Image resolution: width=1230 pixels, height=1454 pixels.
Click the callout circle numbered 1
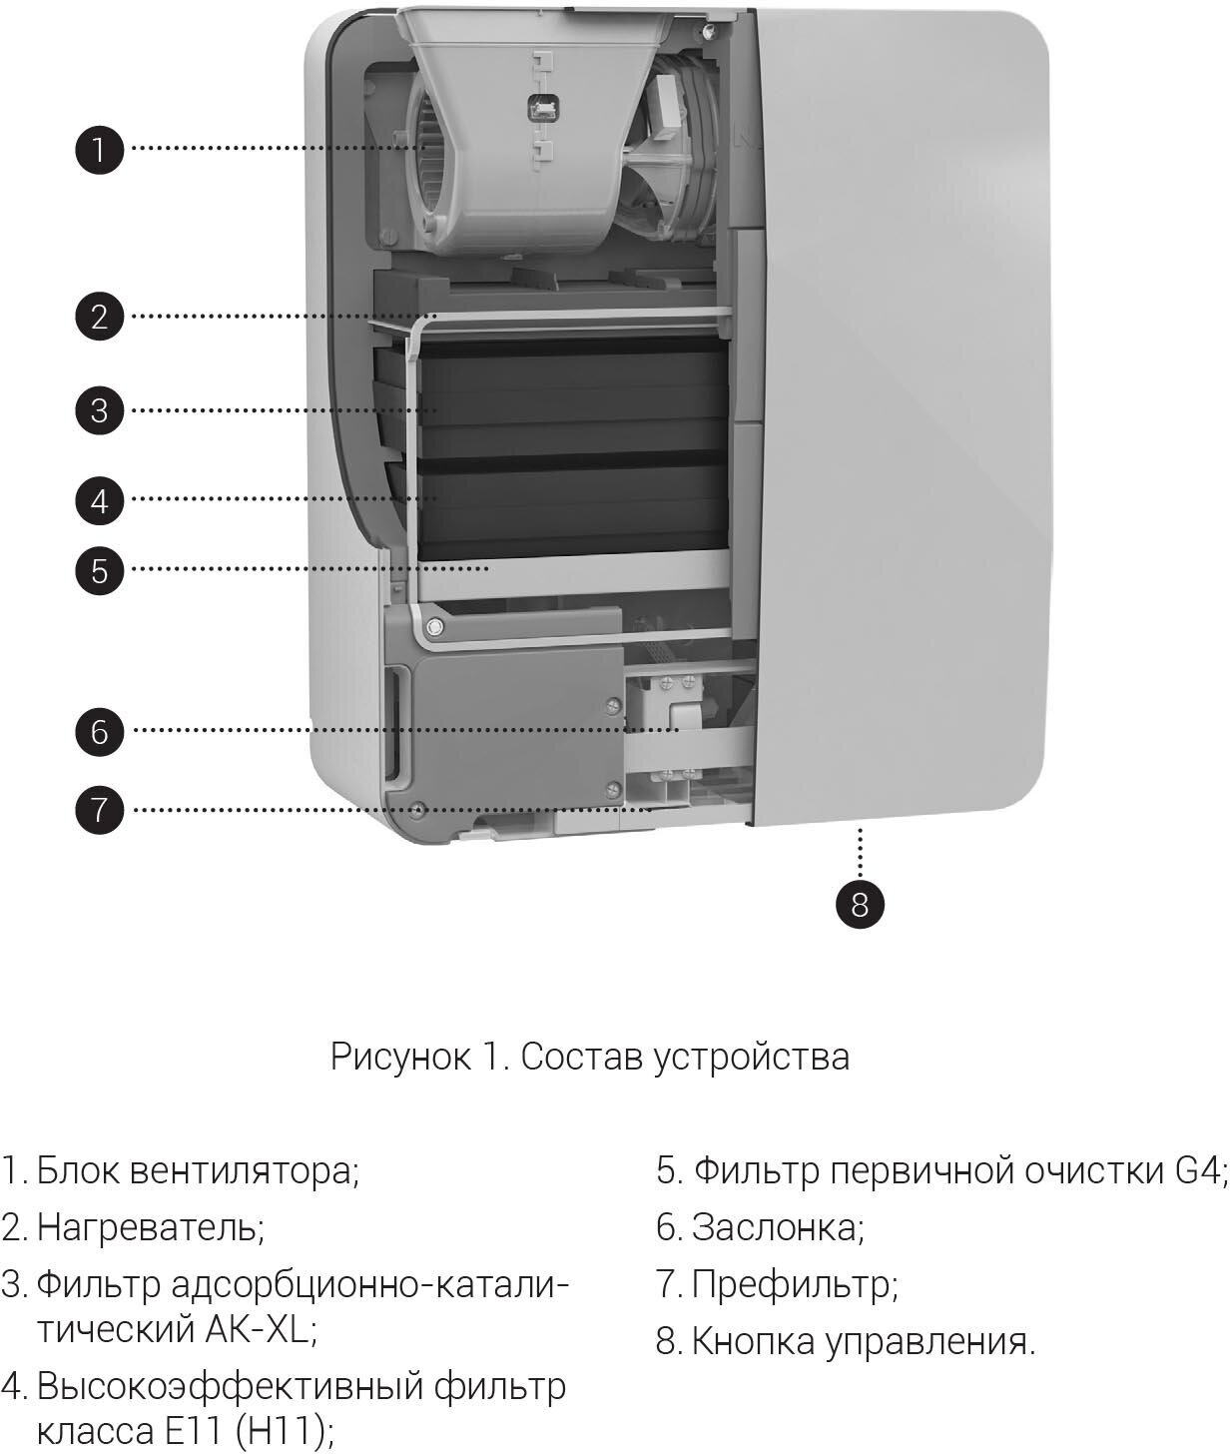99,150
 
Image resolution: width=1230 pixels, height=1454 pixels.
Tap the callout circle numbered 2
99,318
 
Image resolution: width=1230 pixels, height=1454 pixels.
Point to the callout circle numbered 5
99,571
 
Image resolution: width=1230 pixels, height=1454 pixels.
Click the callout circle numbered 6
99,731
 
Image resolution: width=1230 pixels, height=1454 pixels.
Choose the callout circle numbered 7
99,809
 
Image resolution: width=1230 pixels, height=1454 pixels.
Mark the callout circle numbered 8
860,905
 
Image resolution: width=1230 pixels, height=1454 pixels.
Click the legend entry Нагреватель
150,1226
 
